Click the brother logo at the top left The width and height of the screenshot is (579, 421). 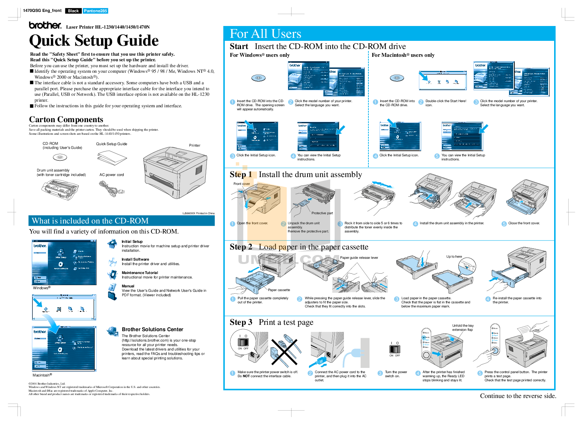click(45, 25)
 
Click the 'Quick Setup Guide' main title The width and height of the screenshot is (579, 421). click(94, 40)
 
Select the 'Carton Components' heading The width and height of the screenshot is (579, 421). click(66, 120)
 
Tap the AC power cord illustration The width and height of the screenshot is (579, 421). click(111, 188)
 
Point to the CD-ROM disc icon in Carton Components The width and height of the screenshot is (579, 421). click(60, 157)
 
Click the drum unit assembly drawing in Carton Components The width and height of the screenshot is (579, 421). click(60, 190)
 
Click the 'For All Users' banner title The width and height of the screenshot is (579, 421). click(265, 34)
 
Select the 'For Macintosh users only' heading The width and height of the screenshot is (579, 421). click(403, 55)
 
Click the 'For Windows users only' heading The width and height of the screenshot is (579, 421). click(260, 55)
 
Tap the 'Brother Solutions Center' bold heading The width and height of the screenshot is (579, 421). click(152, 329)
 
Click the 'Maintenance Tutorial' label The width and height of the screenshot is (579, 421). click(140, 272)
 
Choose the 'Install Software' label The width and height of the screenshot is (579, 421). click(135, 259)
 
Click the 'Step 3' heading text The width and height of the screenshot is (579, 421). click(241, 322)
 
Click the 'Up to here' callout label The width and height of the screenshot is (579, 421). click(454, 257)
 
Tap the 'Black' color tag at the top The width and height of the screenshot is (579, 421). click(73, 11)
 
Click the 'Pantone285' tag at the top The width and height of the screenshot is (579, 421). click(95, 11)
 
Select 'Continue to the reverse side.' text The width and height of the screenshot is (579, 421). click(518, 396)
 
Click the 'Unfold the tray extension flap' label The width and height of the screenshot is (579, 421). click(462, 327)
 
